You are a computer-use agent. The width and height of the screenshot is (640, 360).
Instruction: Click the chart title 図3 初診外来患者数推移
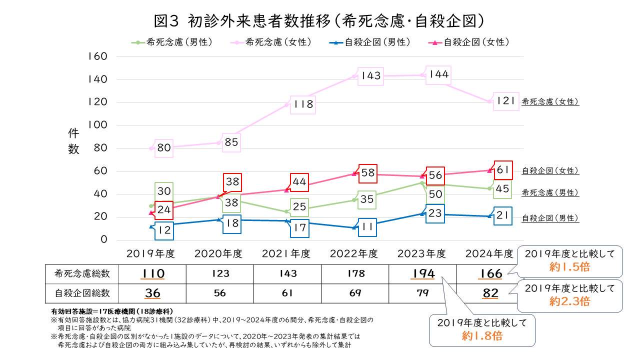click(320, 20)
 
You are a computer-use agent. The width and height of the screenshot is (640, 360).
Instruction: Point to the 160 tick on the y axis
click(98, 56)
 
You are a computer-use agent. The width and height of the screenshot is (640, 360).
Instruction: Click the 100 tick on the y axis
click(98, 125)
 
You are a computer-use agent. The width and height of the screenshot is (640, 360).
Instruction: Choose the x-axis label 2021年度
click(286, 253)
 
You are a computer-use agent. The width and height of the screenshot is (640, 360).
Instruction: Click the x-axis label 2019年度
click(150, 253)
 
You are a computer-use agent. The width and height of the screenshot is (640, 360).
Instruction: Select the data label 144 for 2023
click(438, 75)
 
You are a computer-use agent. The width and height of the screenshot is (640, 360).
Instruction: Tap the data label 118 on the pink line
click(303, 104)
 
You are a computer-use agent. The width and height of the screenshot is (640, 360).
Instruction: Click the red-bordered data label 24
click(163, 210)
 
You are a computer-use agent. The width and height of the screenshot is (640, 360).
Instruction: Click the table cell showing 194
click(422, 273)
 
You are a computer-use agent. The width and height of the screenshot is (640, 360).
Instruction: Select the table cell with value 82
click(490, 293)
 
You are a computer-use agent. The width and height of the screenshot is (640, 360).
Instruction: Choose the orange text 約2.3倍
click(569, 301)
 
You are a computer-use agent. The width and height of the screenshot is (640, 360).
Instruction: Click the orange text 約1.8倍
click(482, 336)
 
